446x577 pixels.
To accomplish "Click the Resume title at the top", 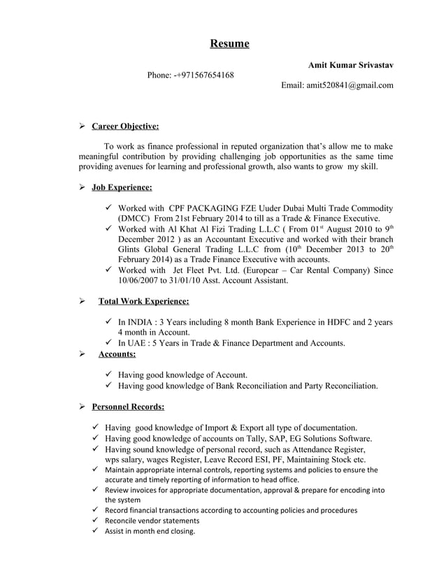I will tap(229, 44).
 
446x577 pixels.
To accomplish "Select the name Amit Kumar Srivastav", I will tap(350, 65).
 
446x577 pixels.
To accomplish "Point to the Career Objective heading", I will tap(125, 126).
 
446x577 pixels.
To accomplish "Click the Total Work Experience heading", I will tap(143, 301).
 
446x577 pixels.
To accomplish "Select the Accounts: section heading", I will tap(117, 354).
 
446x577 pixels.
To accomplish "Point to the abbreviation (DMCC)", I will tap(136, 219).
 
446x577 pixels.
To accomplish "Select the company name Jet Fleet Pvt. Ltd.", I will tap(210, 270).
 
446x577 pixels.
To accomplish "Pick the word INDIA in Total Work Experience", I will tap(145, 322).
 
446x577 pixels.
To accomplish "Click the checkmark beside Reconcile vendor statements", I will tap(94, 520).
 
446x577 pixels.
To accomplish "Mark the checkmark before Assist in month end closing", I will tap(94, 532).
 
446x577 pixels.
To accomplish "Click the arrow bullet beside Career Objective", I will tap(82, 126).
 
